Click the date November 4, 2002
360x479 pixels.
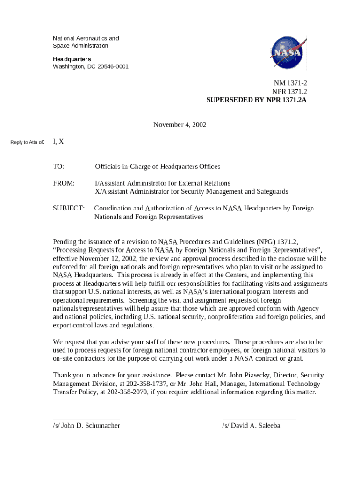click(x=180, y=125)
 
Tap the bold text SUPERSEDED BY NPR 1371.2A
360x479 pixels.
click(x=257, y=100)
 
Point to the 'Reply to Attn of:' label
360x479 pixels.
click(x=27, y=142)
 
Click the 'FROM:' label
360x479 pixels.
click(x=64, y=183)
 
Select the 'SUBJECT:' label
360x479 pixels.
click(x=69, y=208)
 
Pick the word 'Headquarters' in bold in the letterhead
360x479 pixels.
click(x=72, y=59)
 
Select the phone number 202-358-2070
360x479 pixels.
click(x=123, y=392)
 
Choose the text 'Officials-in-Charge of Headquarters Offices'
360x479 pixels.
click(x=158, y=167)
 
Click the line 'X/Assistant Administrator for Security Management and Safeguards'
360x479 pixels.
click(x=192, y=191)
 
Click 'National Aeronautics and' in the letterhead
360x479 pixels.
click(x=86, y=38)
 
